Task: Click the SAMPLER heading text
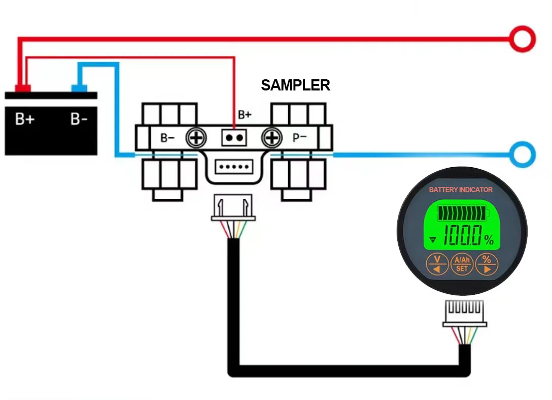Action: click(x=295, y=85)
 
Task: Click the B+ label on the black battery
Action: click(x=25, y=119)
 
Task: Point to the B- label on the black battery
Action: click(x=79, y=119)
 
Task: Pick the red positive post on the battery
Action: click(x=22, y=88)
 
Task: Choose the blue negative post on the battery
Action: click(x=79, y=88)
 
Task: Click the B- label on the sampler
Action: click(x=167, y=138)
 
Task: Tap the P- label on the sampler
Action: click(x=299, y=137)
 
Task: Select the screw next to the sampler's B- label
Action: click(x=196, y=138)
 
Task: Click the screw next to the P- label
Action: click(x=272, y=138)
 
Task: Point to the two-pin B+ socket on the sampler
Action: click(x=234, y=138)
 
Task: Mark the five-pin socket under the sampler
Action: click(x=234, y=167)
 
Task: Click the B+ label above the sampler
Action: click(x=245, y=115)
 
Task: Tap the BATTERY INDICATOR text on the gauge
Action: click(x=461, y=190)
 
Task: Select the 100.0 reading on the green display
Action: click(x=462, y=235)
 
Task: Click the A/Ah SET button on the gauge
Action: click(x=462, y=264)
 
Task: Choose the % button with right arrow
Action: click(x=487, y=264)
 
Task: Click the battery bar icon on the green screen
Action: click(x=463, y=213)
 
